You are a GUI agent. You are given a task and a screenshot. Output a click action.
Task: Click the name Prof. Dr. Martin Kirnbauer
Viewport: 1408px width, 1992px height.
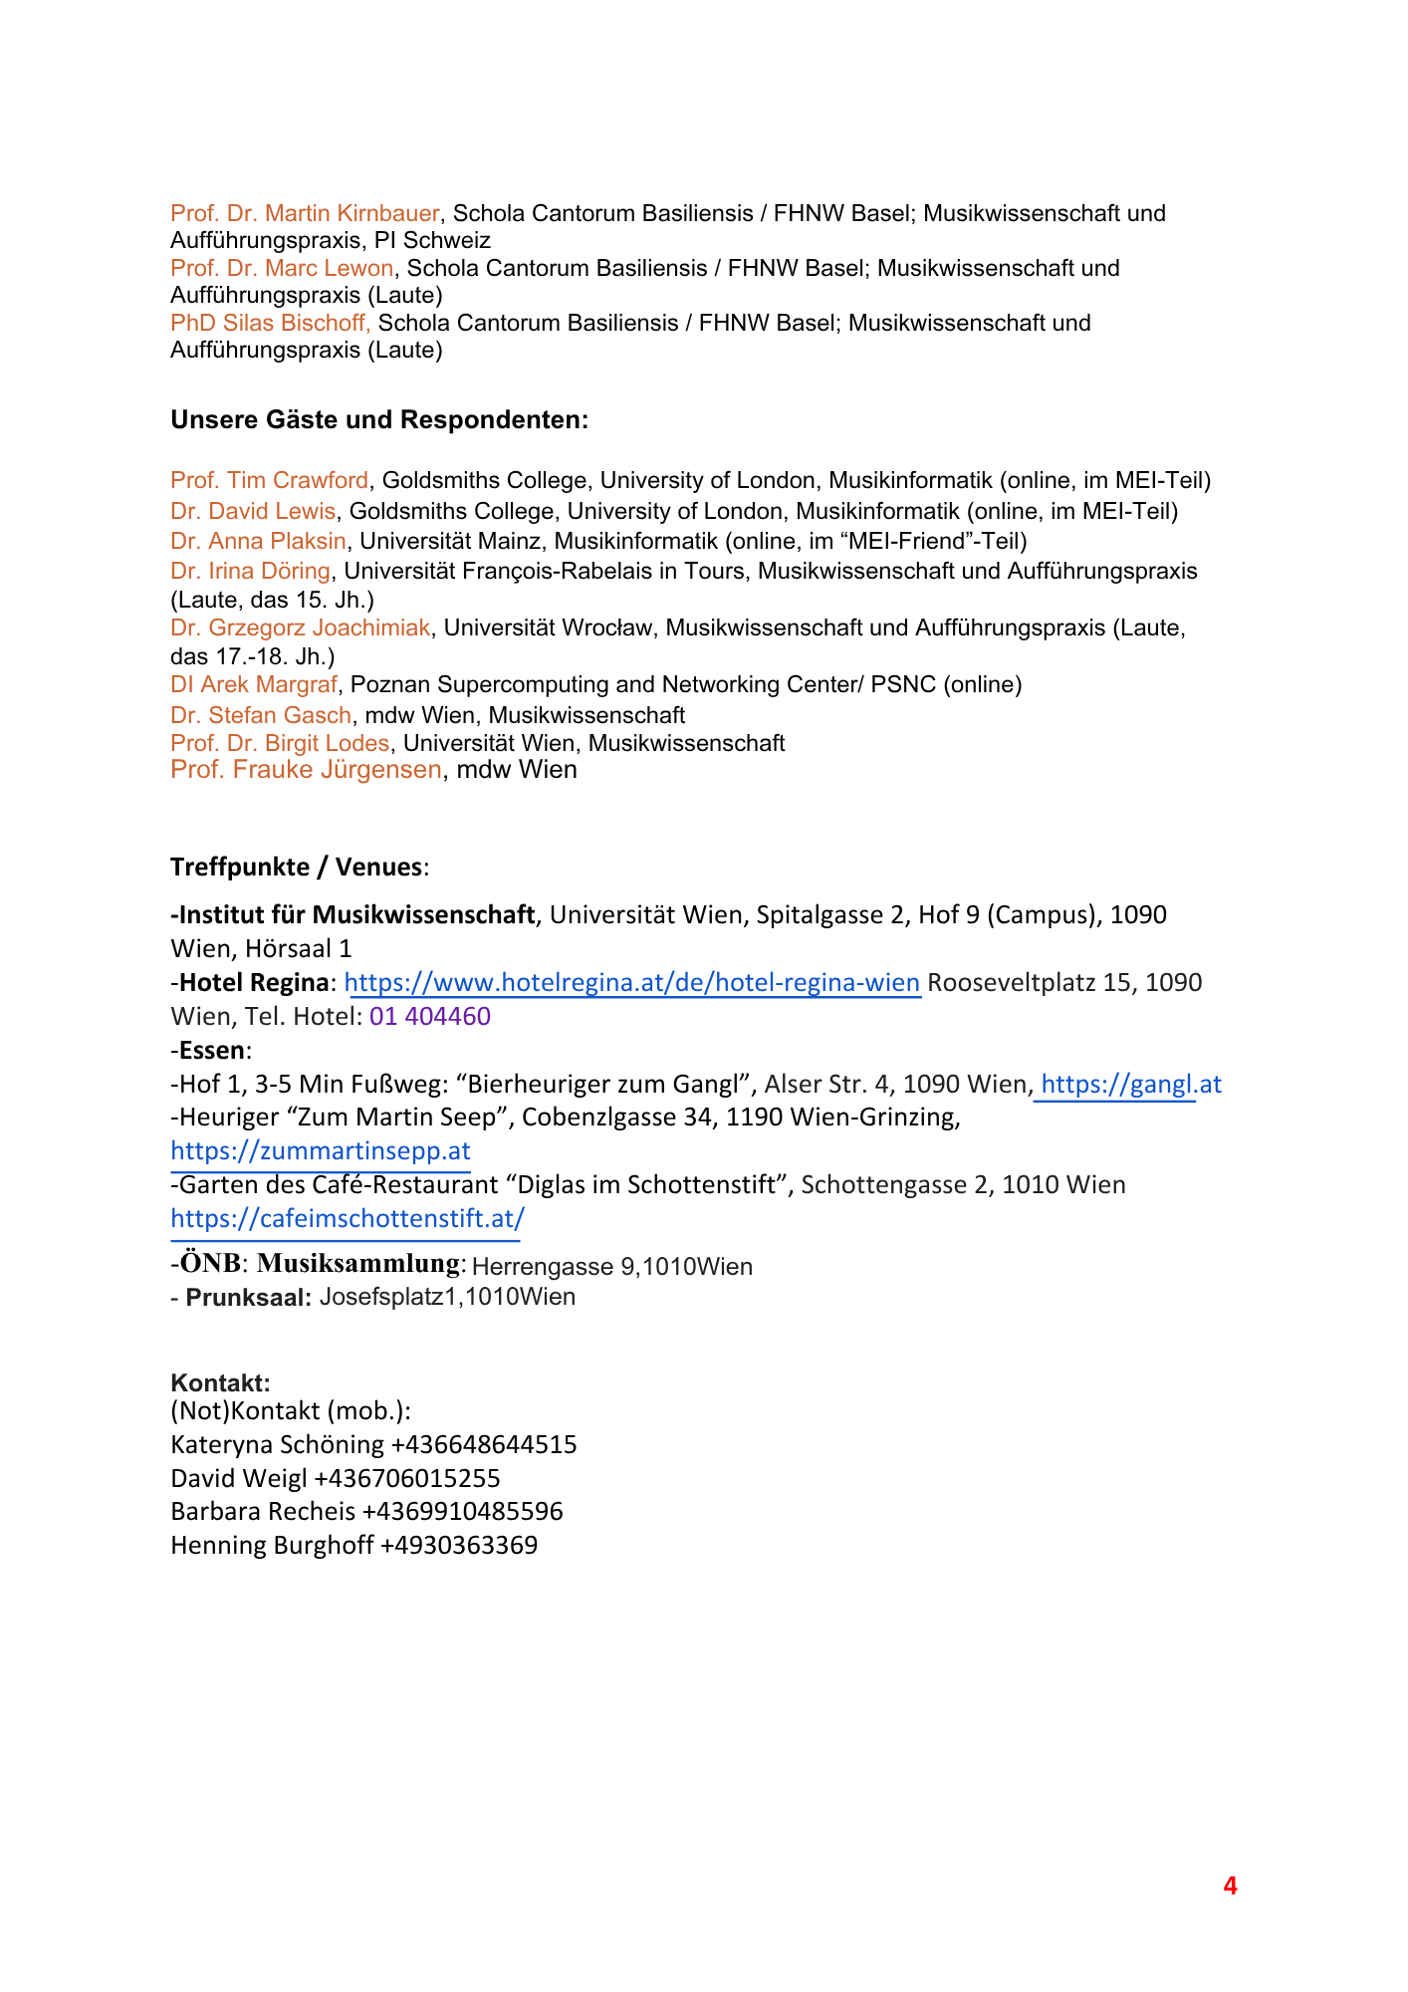click(305, 213)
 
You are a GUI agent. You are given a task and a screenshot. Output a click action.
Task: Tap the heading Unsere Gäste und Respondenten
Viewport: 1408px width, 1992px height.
click(379, 420)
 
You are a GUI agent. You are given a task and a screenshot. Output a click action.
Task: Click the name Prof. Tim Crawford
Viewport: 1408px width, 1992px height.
click(269, 481)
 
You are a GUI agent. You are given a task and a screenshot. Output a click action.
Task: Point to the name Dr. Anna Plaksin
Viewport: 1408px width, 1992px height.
click(258, 541)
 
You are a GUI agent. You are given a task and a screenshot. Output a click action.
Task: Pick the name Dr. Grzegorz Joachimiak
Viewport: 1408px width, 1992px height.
click(300, 627)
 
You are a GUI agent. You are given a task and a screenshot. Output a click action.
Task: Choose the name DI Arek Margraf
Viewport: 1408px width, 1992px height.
click(254, 684)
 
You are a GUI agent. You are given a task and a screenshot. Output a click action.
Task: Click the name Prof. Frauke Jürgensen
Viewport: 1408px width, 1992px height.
click(306, 770)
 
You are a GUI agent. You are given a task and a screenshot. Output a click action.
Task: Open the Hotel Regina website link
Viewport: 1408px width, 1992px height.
click(631, 983)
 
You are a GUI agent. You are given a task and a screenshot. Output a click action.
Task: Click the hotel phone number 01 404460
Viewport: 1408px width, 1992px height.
click(429, 1017)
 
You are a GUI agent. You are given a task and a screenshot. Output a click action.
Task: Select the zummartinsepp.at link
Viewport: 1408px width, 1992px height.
click(320, 1151)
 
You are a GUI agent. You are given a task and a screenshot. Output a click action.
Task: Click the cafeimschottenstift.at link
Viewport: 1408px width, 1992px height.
click(347, 1218)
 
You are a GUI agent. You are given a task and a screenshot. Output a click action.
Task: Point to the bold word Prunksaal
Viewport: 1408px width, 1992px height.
click(249, 1298)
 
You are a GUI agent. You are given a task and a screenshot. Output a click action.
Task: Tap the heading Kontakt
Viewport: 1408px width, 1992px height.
click(220, 1382)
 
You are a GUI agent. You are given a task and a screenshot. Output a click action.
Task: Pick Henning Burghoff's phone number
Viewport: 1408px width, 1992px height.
click(459, 1546)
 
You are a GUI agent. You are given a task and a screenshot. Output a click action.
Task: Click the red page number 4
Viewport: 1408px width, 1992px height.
click(1230, 1886)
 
